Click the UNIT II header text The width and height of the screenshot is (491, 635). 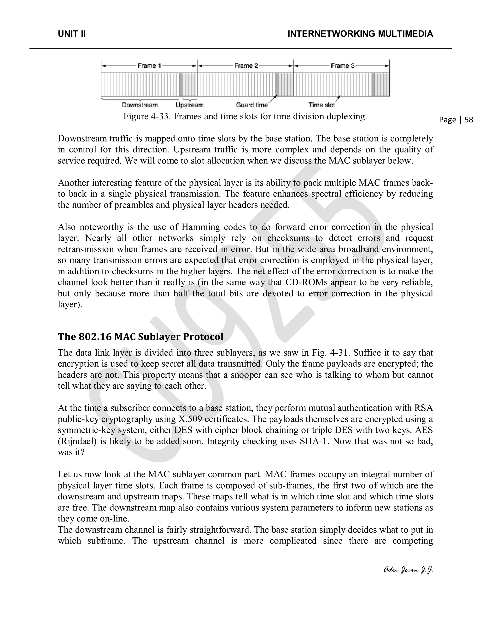pyautogui.click(x=71, y=34)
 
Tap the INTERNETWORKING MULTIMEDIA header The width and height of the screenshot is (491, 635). pyautogui.click(x=360, y=34)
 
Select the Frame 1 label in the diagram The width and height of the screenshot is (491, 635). pyautogui.click(x=149, y=66)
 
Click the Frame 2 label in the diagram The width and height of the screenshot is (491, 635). pyautogui.click(x=246, y=66)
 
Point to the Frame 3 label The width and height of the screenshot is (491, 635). pyautogui.click(x=342, y=66)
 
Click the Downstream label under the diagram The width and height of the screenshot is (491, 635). pyautogui.click(x=140, y=105)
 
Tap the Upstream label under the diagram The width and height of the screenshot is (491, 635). pyautogui.click(x=190, y=105)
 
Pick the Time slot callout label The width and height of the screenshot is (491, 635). pyautogui.click(x=322, y=105)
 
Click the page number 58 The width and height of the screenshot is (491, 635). pyautogui.click(x=469, y=120)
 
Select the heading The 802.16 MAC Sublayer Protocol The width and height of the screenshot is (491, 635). pyautogui.click(x=140, y=337)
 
